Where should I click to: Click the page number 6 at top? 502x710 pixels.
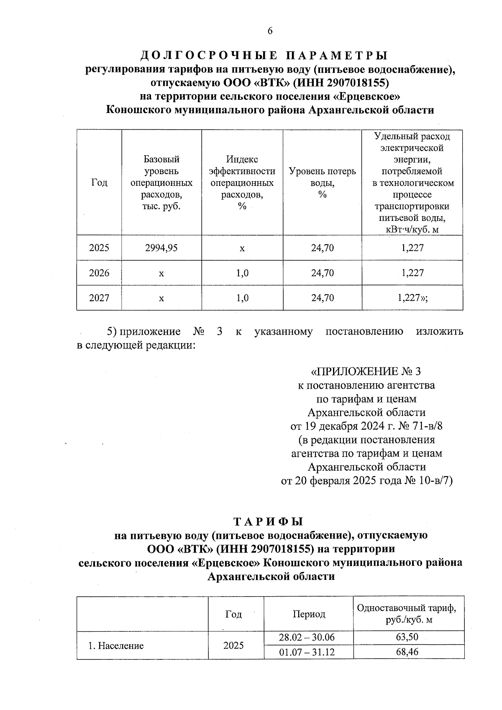[x=270, y=31]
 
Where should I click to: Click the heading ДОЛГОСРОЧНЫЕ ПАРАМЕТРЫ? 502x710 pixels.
[x=264, y=55]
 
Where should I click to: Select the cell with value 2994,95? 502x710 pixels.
[x=161, y=248]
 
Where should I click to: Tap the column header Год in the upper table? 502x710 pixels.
[x=99, y=183]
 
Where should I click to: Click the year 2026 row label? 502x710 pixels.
[x=99, y=273]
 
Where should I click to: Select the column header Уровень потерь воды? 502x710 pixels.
[x=322, y=183]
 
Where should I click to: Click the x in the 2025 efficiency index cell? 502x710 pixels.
[x=242, y=248]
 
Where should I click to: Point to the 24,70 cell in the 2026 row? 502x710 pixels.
[x=322, y=273]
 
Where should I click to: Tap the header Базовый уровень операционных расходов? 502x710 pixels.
[x=161, y=183]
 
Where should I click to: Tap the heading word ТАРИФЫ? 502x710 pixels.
[x=268, y=522]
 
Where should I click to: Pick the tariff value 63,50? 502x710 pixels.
[x=407, y=637]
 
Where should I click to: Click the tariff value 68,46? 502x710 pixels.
[x=407, y=652]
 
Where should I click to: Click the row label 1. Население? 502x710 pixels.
[x=116, y=645]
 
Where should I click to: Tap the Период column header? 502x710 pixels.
[x=309, y=614]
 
